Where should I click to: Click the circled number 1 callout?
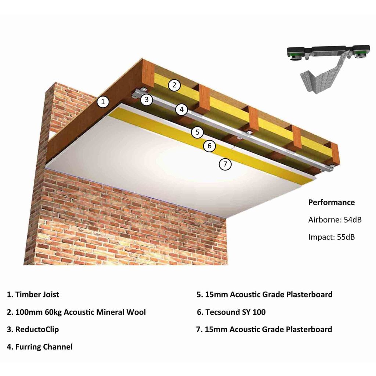103,101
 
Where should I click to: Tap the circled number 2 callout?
174,86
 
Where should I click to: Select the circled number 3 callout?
147,99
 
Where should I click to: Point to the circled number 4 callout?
181,109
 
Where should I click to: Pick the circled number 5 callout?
197,132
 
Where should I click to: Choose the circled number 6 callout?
209,146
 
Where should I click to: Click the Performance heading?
331,202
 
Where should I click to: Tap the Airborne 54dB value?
335,220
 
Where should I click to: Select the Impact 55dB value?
331,237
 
